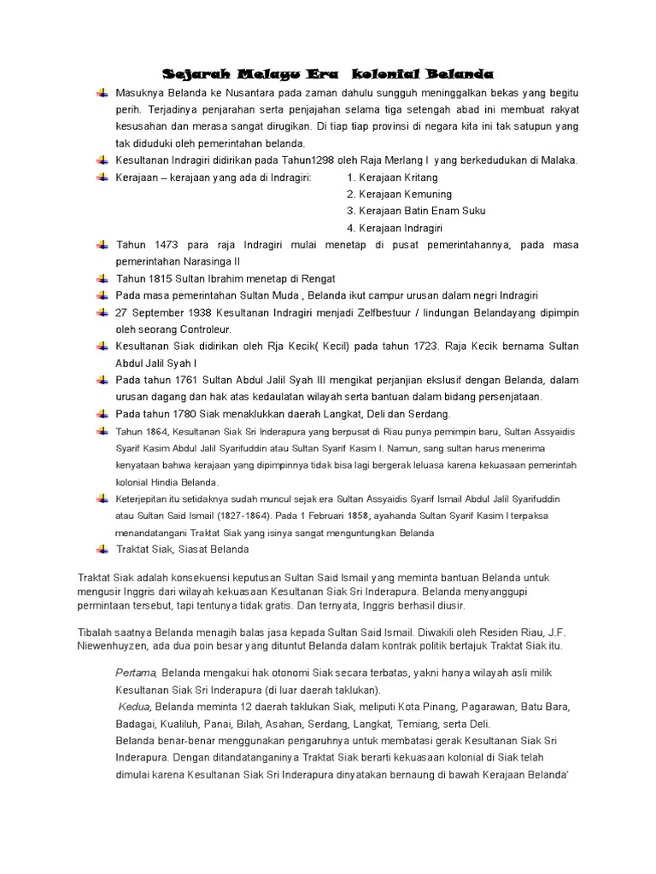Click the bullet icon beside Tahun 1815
(102, 278)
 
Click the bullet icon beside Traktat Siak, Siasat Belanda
(102, 550)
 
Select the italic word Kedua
(134, 707)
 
